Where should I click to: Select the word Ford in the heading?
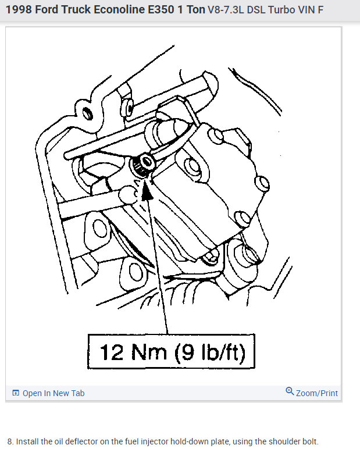pyautogui.click(x=50, y=11)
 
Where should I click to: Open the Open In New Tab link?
pyautogui.click(x=54, y=393)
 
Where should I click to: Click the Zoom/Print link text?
pyautogui.click(x=317, y=393)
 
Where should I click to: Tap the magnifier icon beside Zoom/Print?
pyautogui.click(x=290, y=391)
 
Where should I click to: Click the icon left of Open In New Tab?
pyautogui.click(x=16, y=393)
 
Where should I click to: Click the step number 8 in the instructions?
pyautogui.click(x=10, y=441)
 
